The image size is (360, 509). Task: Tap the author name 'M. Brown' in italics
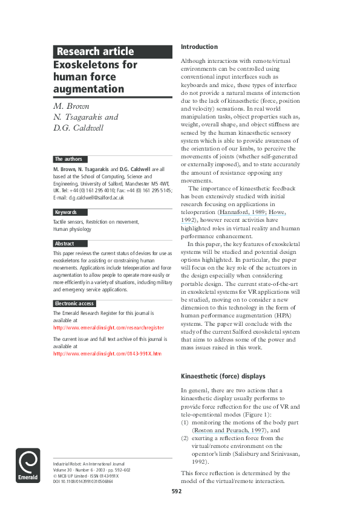(x=71, y=106)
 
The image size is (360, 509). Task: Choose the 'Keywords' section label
(x=67, y=212)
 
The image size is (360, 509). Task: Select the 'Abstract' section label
(x=65, y=244)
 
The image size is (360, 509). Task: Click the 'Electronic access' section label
(x=74, y=303)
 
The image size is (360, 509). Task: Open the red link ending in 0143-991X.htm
(x=107, y=354)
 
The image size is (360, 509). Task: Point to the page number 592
(x=176, y=491)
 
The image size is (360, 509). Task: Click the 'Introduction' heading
(x=199, y=47)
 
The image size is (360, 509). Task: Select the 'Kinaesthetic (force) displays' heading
(x=223, y=376)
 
